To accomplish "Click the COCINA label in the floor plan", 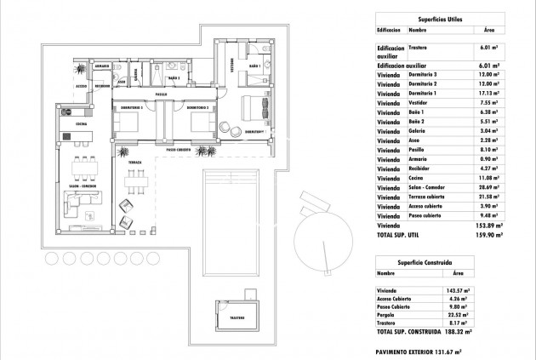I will pos(82,124).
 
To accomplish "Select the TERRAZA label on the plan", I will pos(124,161).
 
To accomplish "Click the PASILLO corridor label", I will pos(161,94).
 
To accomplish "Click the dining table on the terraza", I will pos(132,180).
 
